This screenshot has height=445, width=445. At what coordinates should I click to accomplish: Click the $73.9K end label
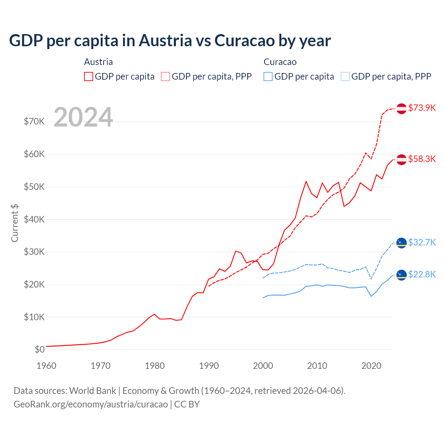tap(422, 108)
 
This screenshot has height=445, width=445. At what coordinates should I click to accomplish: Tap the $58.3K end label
tap(422, 159)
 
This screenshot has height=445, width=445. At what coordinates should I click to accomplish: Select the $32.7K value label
tap(422, 242)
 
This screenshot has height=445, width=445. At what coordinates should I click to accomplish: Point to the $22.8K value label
tap(422, 274)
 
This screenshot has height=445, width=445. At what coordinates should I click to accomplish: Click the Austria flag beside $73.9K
tap(402, 108)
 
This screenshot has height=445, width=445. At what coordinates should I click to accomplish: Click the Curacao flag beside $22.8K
tap(402, 275)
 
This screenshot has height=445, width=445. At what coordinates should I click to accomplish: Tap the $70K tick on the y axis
tap(34, 121)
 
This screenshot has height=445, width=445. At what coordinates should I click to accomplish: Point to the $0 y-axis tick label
tap(40, 349)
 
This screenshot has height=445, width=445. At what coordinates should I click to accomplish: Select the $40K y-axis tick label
tap(34, 219)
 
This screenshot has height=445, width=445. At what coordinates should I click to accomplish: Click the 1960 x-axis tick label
tap(46, 366)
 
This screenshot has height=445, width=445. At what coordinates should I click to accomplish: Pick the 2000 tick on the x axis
tap(263, 366)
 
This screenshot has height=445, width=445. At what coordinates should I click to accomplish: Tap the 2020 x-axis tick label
tap(371, 366)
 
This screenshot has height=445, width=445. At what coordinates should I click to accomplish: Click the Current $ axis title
tap(15, 223)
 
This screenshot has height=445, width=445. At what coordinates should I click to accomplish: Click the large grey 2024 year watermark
tap(83, 117)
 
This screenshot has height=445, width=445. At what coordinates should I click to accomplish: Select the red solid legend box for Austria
tap(89, 76)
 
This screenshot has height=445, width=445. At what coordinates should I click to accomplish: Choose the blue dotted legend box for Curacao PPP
tap(345, 76)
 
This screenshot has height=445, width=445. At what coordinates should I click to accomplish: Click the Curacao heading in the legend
tap(280, 62)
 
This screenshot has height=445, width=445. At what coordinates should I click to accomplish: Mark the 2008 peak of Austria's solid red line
tap(306, 181)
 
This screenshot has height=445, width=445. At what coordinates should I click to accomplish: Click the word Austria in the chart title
tap(165, 40)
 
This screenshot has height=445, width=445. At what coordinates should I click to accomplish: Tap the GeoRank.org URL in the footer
tap(91, 404)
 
